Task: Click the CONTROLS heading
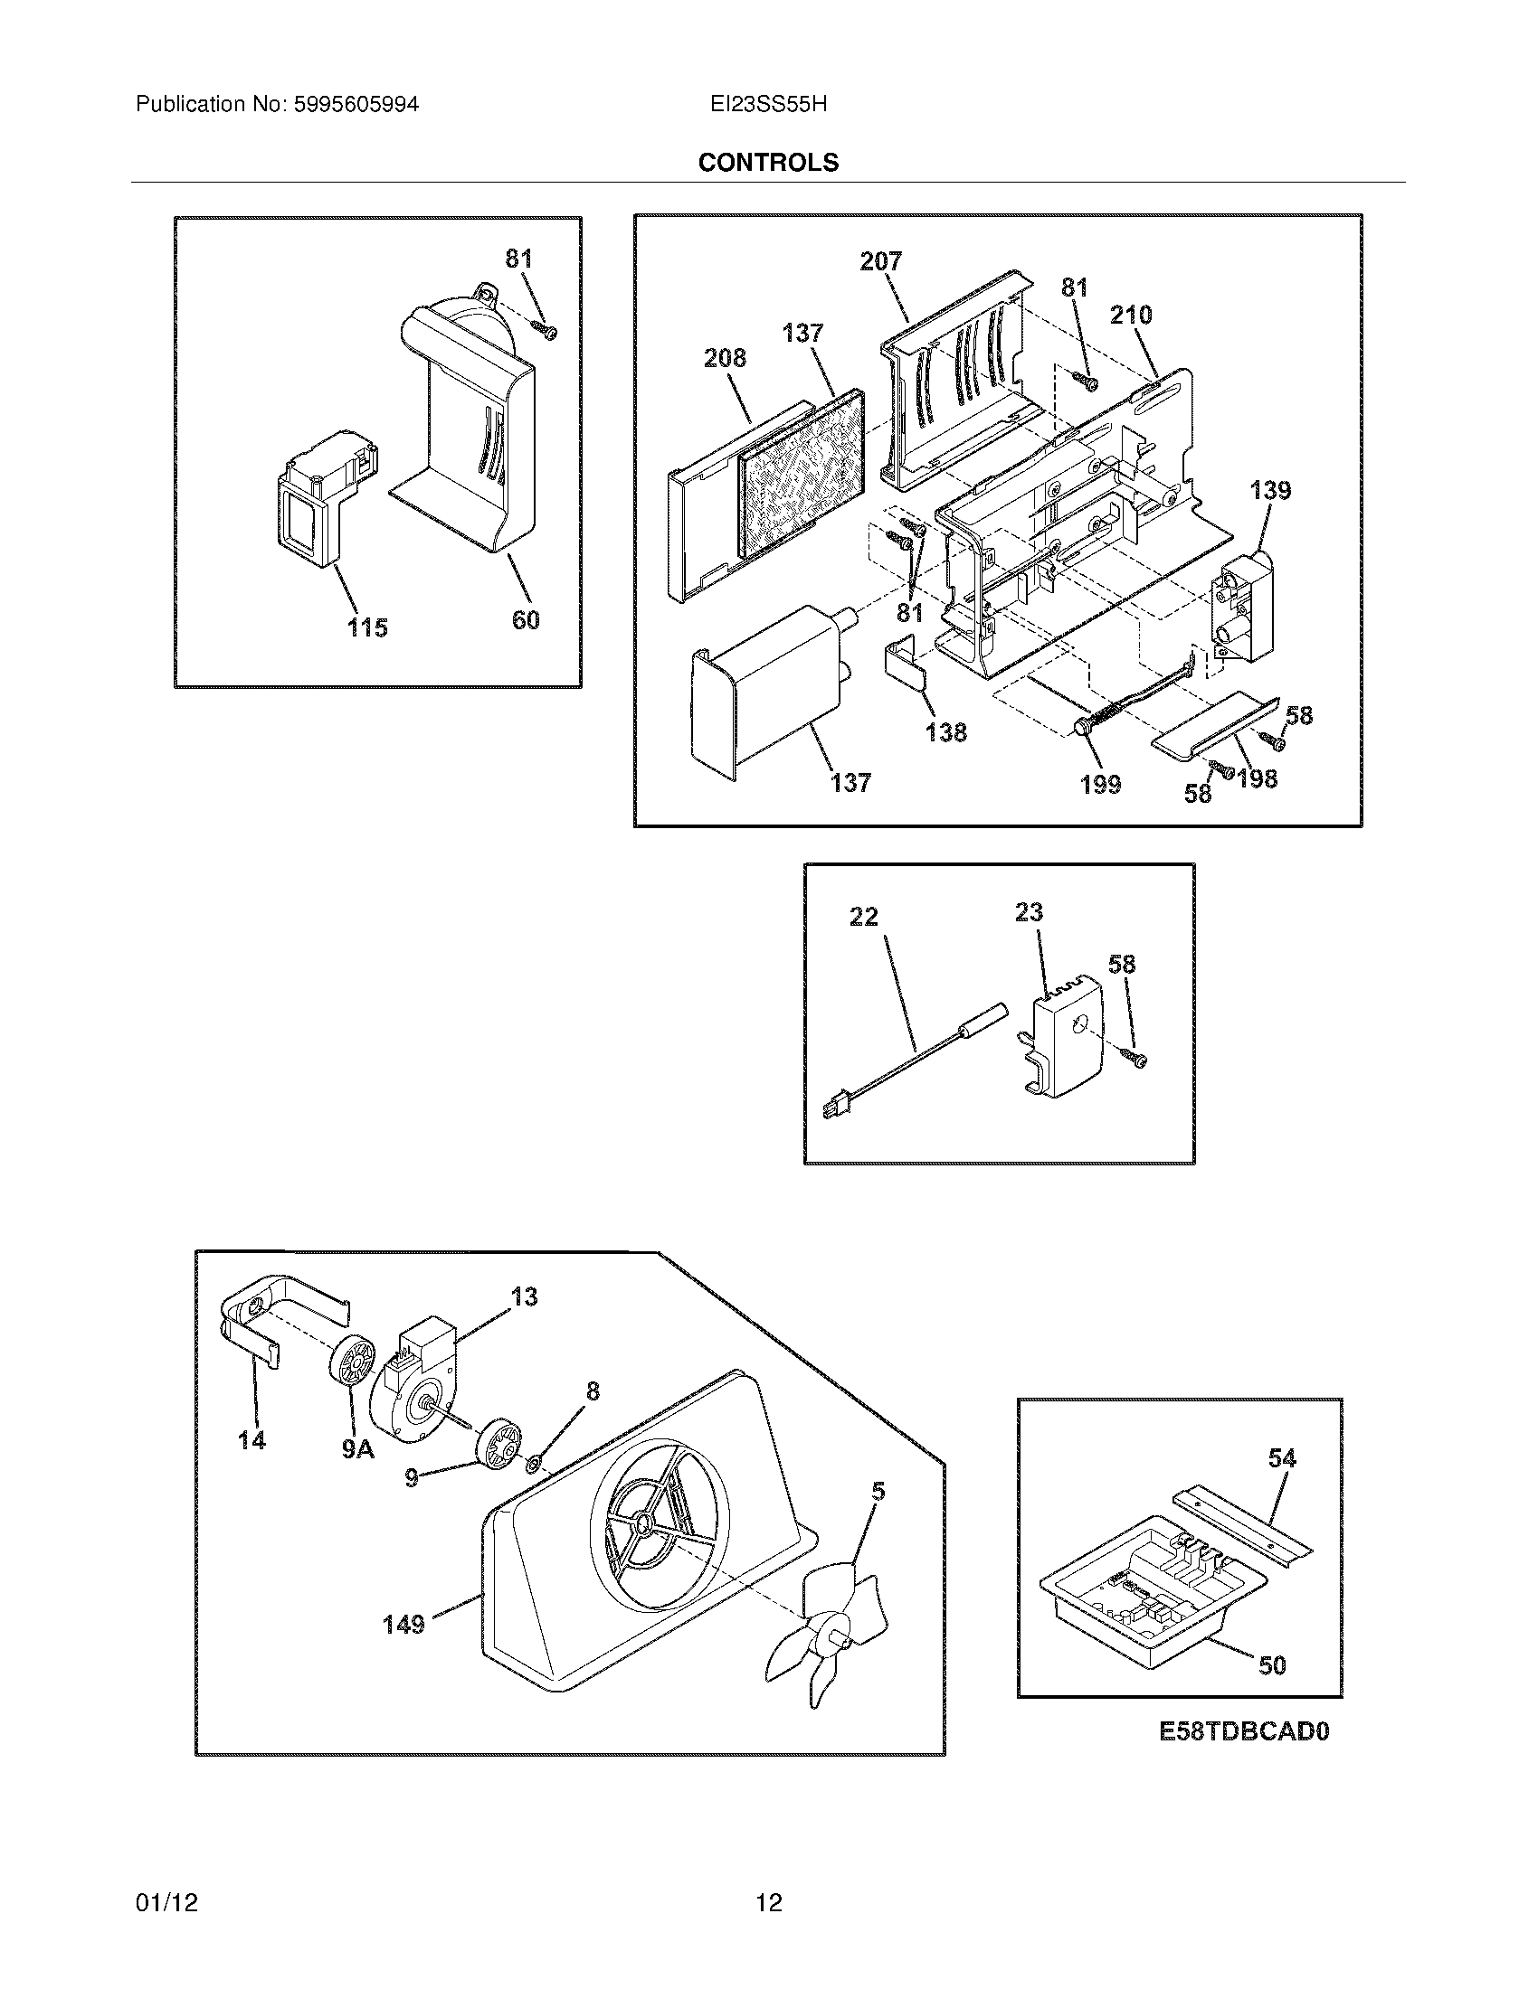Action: tap(768, 162)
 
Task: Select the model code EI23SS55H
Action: tap(768, 105)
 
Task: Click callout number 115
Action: tap(367, 627)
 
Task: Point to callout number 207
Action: tap(880, 261)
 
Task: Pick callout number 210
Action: tap(1130, 316)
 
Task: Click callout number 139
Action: tap(1270, 491)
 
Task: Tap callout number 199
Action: tap(1101, 784)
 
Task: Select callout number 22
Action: tap(863, 916)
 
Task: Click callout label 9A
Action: tap(358, 1449)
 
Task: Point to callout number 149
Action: tap(403, 1623)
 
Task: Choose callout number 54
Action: tap(1281, 1458)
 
